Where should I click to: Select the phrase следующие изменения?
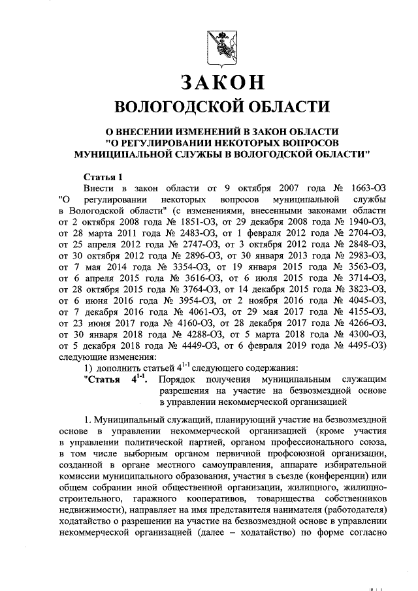pos(107,357)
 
